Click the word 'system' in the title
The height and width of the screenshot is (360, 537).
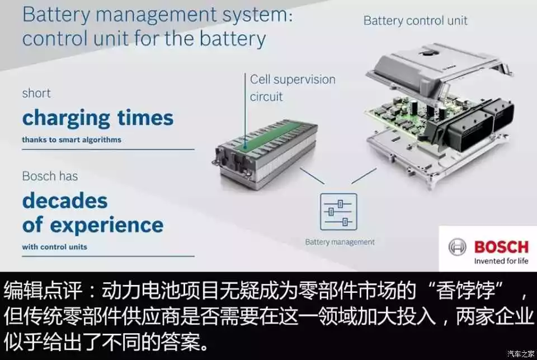[257, 15]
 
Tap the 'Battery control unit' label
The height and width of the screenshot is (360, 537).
[416, 21]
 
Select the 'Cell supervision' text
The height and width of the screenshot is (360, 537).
[293, 79]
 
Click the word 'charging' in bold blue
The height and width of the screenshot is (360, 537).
[66, 119]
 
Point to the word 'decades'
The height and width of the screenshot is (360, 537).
[65, 200]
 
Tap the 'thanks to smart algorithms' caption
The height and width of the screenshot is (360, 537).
[72, 140]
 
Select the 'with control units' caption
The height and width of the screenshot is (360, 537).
[54, 247]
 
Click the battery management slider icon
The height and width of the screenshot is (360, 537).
[338, 212]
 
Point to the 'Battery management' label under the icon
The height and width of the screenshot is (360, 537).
[340, 242]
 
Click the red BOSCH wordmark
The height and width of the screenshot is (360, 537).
[501, 247]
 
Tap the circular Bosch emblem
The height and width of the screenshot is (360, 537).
[457, 247]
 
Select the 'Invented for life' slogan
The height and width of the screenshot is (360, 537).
[501, 261]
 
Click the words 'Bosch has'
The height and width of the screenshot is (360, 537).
[50, 176]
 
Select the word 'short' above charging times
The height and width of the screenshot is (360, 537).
[36, 93]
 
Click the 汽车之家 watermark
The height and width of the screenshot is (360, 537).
[521, 354]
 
